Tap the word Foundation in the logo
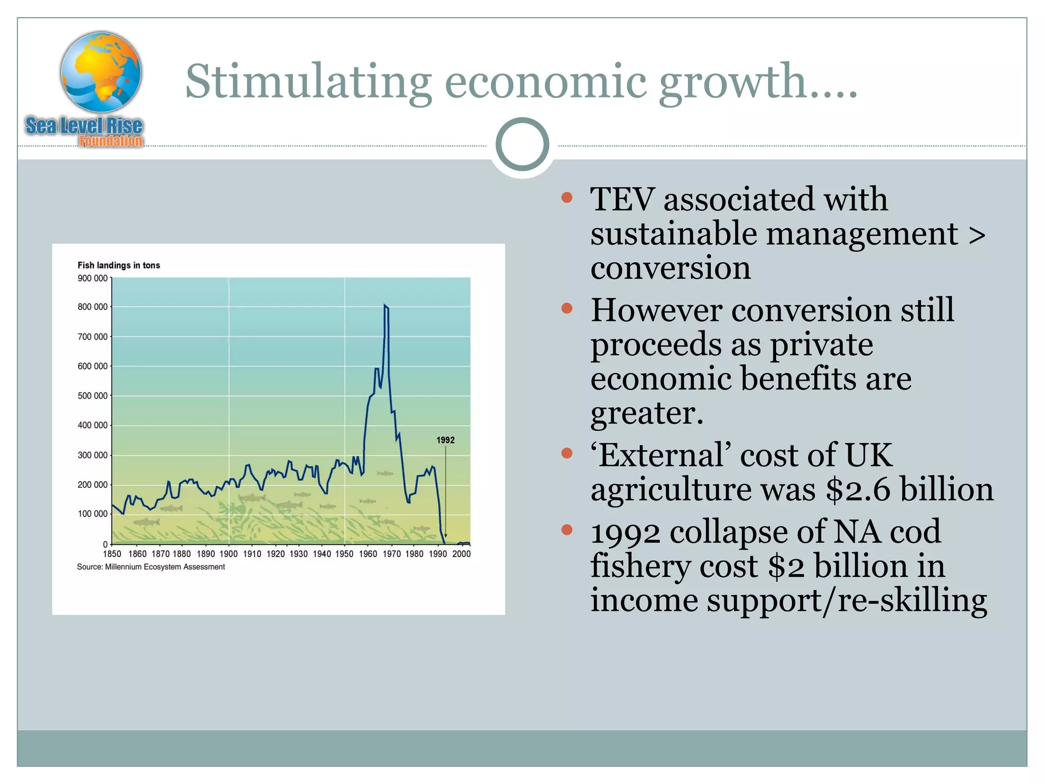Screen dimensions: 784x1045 coord(111,141)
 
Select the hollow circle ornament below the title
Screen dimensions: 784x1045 coord(522,144)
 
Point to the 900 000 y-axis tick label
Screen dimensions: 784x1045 coord(92,279)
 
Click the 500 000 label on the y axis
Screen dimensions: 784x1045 coord(92,396)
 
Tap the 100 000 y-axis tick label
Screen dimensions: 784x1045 coord(92,514)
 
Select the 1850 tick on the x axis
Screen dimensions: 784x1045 coord(112,554)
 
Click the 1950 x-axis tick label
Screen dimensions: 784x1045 coord(344,554)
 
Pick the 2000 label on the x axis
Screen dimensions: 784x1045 coord(461,554)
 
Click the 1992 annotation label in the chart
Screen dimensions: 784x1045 coord(445,440)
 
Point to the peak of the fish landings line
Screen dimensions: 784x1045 coord(385,305)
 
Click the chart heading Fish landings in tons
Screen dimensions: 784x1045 coord(118,265)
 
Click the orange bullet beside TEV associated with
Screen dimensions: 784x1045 coord(566,198)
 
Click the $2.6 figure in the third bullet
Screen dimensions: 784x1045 coord(858,489)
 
